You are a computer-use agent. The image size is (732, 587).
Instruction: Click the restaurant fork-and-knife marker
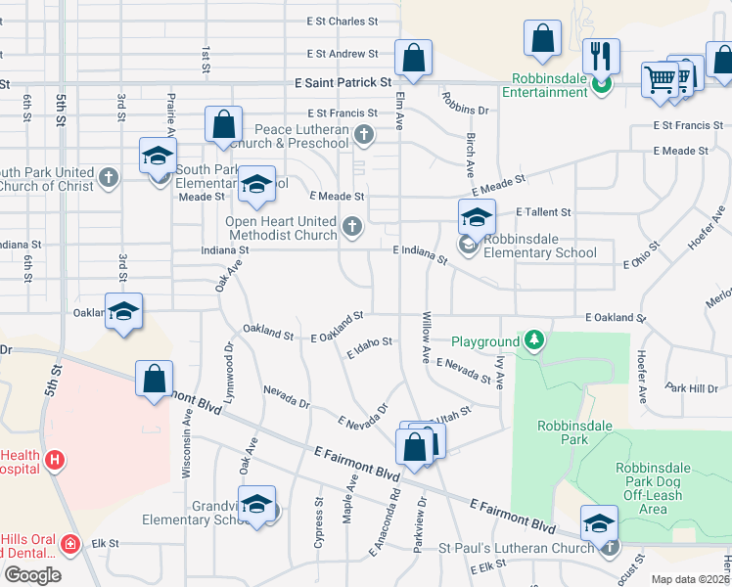tap(601, 56)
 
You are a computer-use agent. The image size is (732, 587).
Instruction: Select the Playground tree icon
tap(534, 340)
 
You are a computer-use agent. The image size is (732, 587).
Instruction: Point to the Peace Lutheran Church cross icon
tap(364, 134)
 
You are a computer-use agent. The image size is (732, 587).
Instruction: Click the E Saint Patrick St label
tap(343, 84)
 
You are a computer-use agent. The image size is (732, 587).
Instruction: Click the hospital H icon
tap(56, 459)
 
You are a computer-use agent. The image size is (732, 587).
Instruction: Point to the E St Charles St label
tap(342, 21)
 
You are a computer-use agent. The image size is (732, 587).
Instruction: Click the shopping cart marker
tap(661, 78)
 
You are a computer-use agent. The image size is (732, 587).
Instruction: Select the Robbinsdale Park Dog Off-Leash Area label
tap(653, 487)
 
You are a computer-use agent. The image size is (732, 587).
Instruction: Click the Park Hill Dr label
tap(690, 388)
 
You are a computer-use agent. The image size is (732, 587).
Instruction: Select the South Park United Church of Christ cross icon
tap(109, 178)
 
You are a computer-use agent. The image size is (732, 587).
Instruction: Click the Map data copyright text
tap(691, 579)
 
